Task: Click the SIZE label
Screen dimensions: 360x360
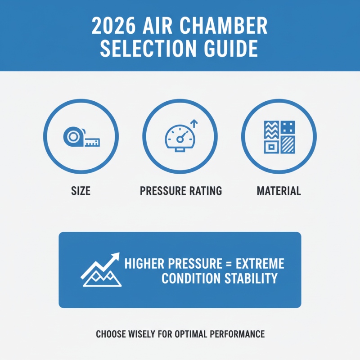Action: pyautogui.click(x=81, y=191)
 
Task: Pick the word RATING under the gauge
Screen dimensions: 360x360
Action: pyautogui.click(x=205, y=191)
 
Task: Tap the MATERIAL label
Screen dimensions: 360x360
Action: pyautogui.click(x=279, y=191)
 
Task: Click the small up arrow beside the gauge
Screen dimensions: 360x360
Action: pyautogui.click(x=194, y=123)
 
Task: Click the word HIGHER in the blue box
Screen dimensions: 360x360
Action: pyautogui.click(x=144, y=264)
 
